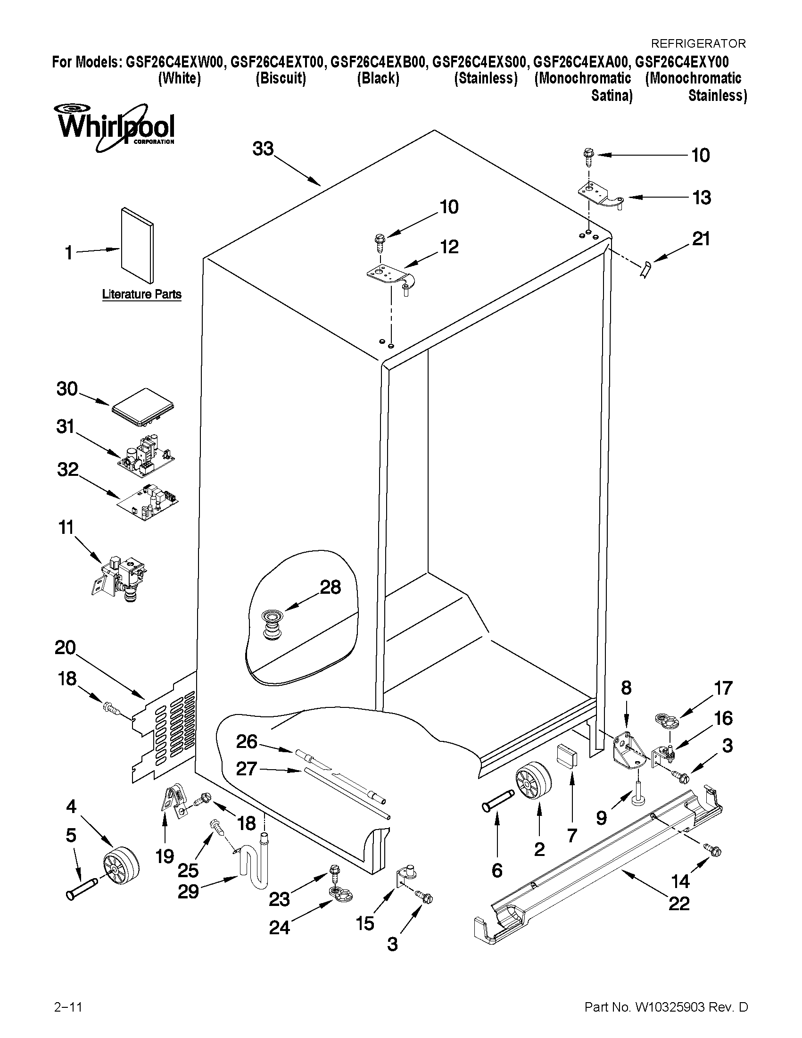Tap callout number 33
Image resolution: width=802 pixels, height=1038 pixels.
[x=263, y=149]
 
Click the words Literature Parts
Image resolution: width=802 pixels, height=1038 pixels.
[x=141, y=294]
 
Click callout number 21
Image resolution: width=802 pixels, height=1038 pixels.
[x=701, y=239]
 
